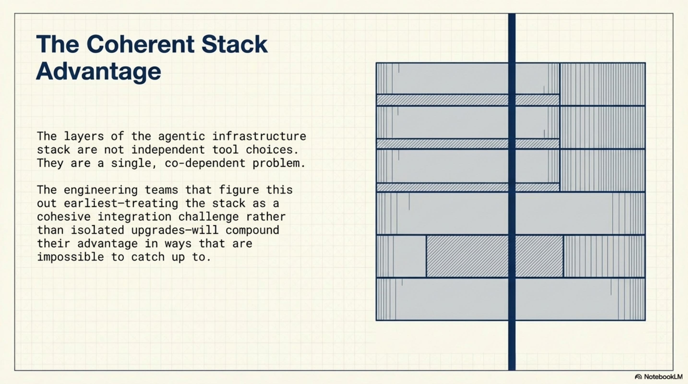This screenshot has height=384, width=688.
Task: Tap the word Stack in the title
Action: point(234,44)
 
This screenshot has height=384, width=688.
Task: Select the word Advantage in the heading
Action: point(99,71)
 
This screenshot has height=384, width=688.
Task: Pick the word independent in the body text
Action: point(168,150)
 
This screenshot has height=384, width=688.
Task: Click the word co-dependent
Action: point(205,163)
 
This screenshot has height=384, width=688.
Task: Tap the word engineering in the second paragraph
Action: point(101,190)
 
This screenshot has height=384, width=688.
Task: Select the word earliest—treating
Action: point(121,203)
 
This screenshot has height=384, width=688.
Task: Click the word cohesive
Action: point(64,216)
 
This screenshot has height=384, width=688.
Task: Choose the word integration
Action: point(134,216)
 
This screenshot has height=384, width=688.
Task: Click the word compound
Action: point(252,230)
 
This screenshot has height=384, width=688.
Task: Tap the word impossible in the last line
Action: point(70,257)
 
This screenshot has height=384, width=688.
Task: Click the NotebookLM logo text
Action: point(663,377)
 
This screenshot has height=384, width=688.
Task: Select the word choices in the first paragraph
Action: point(272,150)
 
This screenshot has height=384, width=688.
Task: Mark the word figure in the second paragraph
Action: point(239,190)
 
